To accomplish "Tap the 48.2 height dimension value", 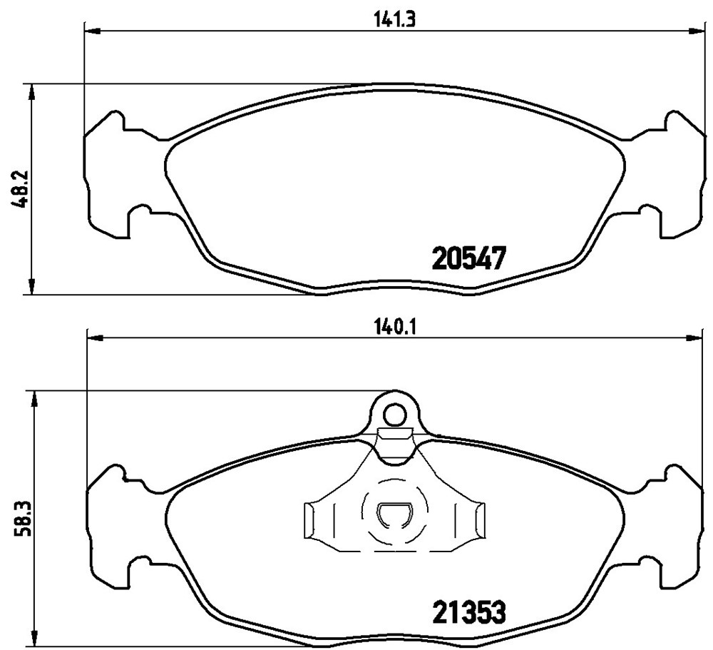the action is coord(21,189).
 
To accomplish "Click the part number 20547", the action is coord(469,258).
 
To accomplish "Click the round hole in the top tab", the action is coord(395,415).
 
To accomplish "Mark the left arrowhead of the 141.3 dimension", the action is coord(92,31).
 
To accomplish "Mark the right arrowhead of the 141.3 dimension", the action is coord(697,31).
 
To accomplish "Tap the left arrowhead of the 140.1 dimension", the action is coord(95,337).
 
